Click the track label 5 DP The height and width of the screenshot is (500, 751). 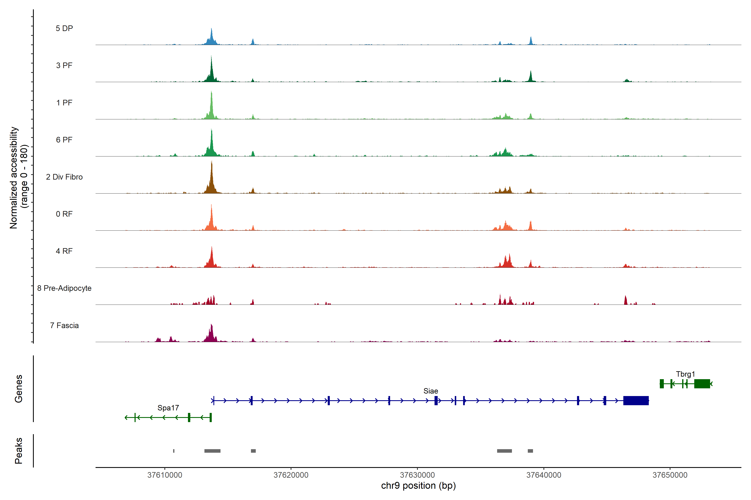[64, 28]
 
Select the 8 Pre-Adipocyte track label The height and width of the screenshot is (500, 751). [64, 288]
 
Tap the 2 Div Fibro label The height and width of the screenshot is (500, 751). [64, 177]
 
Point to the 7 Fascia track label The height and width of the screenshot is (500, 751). [64, 326]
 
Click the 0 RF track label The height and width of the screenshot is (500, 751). [64, 214]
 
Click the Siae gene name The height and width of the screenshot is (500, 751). [430, 391]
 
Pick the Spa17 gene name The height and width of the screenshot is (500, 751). [168, 408]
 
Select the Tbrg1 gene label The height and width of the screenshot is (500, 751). [685, 374]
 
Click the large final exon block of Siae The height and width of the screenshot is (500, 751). [636, 400]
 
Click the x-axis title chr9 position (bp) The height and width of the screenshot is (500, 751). [418, 486]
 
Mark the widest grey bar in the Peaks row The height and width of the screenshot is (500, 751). [212, 451]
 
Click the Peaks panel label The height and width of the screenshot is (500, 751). [19, 451]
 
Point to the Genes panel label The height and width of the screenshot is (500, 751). [19, 389]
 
